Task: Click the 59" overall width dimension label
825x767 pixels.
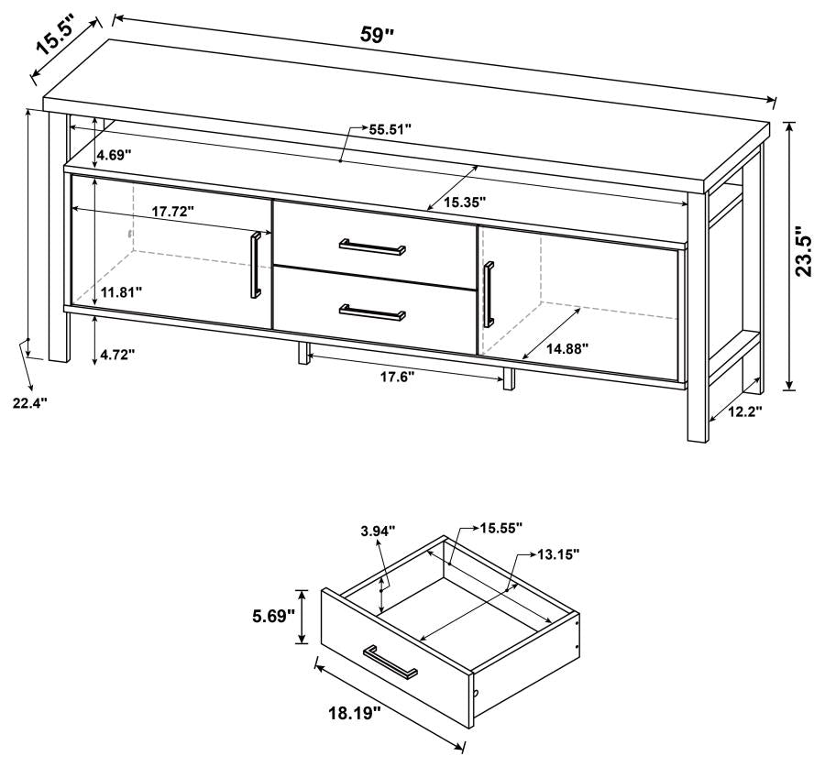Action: click(377, 36)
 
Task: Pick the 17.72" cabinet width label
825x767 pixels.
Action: click(172, 211)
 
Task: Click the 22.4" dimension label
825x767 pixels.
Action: click(29, 401)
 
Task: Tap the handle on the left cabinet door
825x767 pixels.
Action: click(256, 266)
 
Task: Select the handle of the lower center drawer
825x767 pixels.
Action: click(372, 312)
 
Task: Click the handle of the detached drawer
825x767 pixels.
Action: click(390, 662)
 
